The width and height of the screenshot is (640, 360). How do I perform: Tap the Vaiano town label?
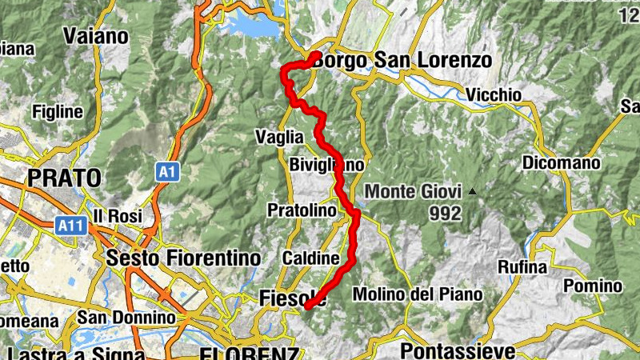coord(94,36)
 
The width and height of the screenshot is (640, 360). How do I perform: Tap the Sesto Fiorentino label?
coord(183,258)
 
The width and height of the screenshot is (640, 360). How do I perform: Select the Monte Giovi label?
coord(413,192)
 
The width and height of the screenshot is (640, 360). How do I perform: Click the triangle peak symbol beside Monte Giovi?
coord(473,192)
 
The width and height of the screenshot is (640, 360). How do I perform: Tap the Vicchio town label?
coord(493,95)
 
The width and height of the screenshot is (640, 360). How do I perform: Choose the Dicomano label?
coord(561,163)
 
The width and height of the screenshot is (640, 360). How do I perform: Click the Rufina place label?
coord(522,267)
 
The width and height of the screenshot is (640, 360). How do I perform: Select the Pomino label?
coord(593,286)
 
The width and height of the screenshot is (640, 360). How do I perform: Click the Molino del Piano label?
coord(418,294)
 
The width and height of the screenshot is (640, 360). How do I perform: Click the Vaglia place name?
coord(279,137)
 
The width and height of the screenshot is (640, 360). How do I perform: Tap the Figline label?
coord(58,111)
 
